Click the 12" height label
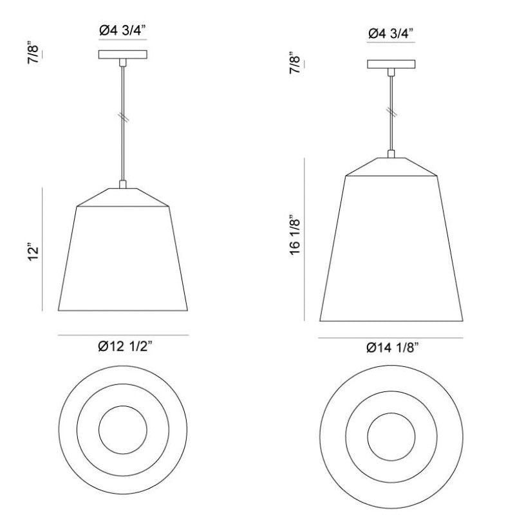[x=34, y=252]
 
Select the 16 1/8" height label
[x=295, y=234]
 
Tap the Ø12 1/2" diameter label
[x=126, y=346]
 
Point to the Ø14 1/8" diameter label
[x=393, y=348]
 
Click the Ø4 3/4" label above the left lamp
[x=122, y=31]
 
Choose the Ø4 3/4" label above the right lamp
[x=391, y=33]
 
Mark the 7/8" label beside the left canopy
[x=34, y=53]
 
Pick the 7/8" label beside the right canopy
[x=295, y=62]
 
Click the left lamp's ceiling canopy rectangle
[x=123, y=55]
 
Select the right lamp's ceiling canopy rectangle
[x=391, y=64]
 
